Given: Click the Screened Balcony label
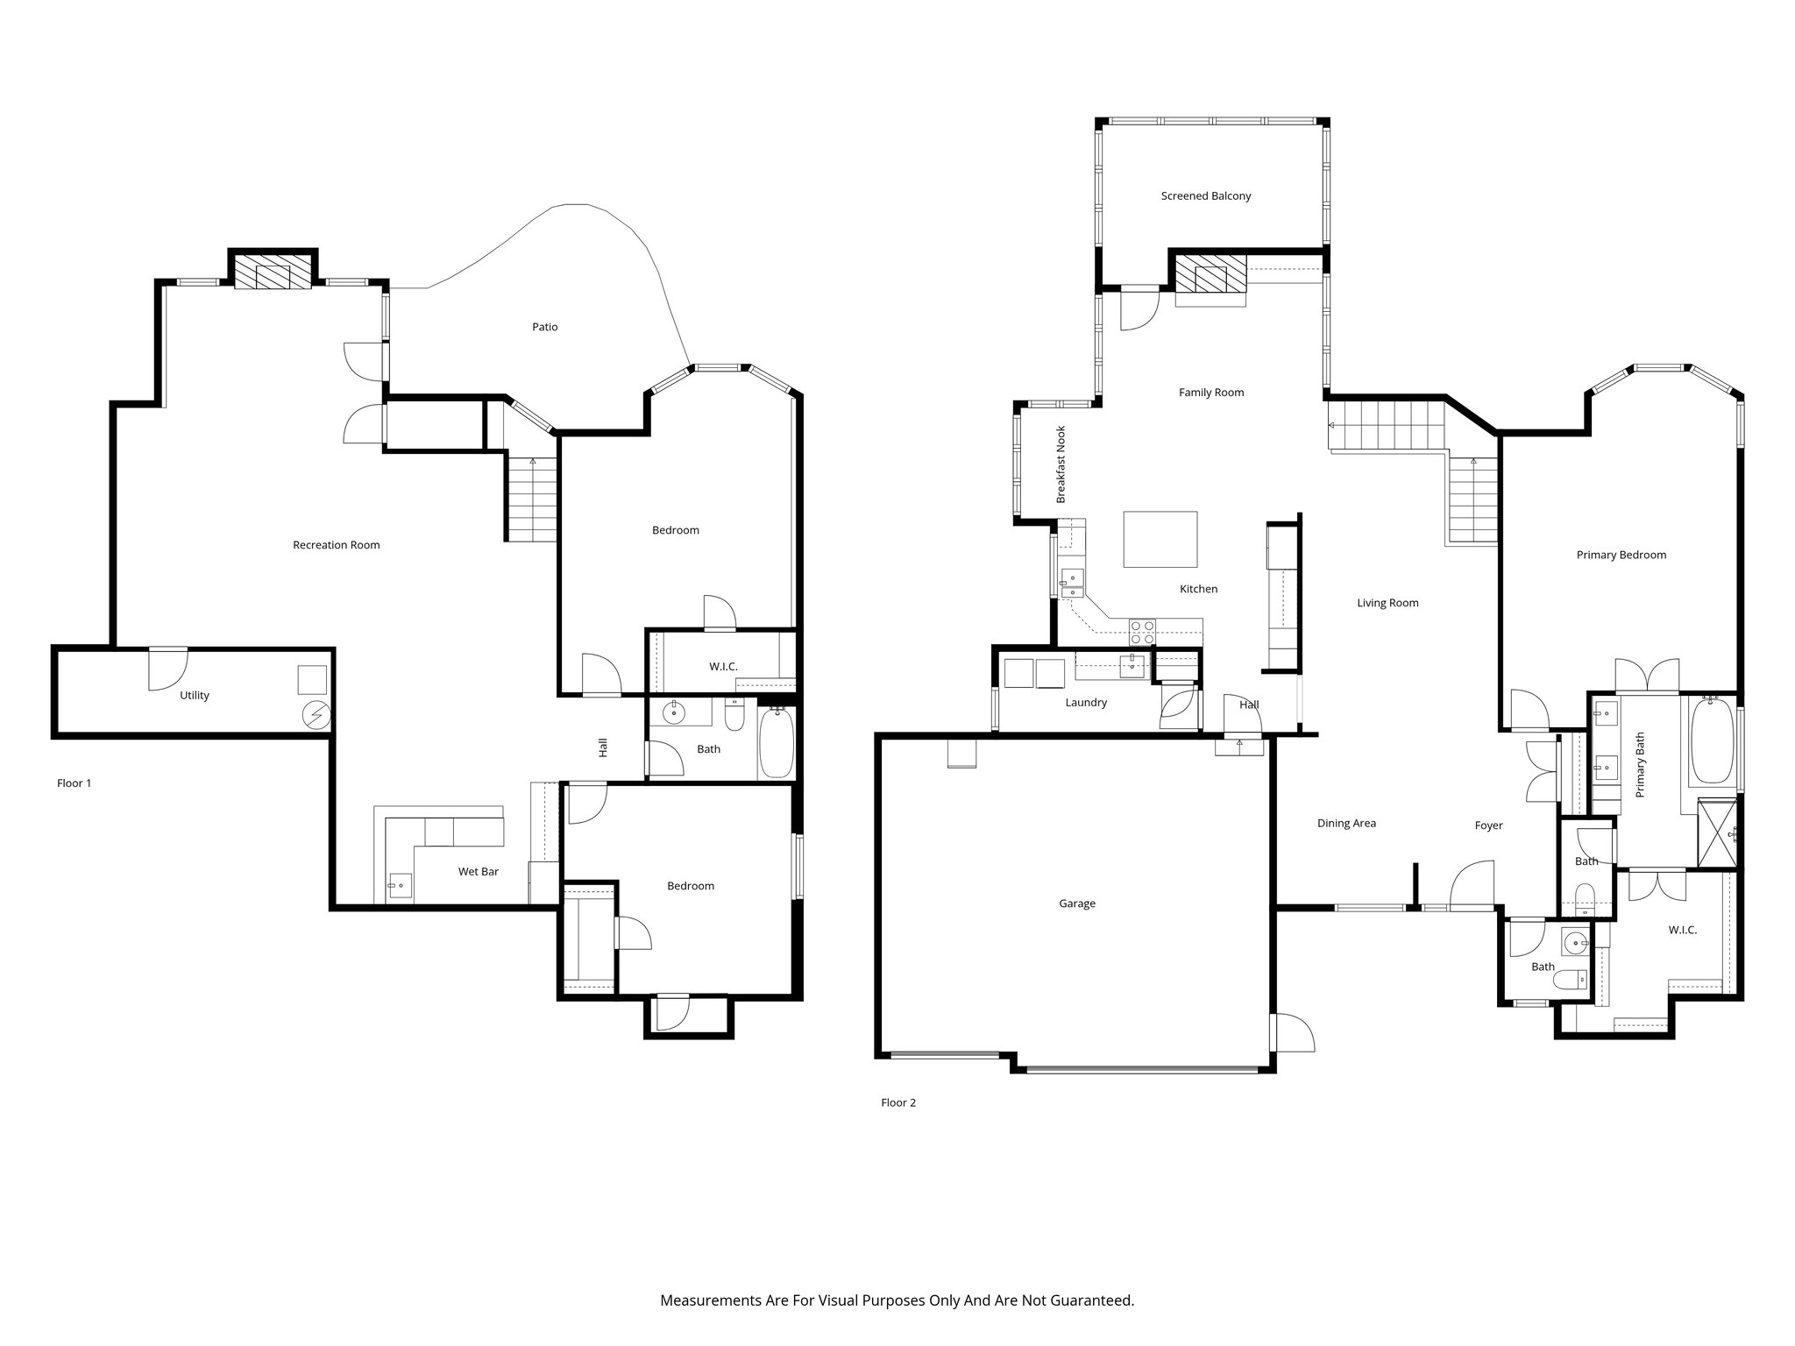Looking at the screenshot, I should click(x=1205, y=196).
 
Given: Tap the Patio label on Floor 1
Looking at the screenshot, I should click(x=544, y=327).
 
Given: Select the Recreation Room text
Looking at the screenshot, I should click(x=336, y=545).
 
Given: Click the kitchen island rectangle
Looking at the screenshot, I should click(x=1160, y=540).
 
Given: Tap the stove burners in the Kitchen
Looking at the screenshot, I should click(x=1142, y=632).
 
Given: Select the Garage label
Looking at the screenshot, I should click(x=1076, y=903).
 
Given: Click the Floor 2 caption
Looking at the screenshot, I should click(x=897, y=1102).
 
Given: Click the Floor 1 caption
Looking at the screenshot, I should click(x=74, y=783).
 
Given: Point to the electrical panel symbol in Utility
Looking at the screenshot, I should click(x=315, y=716).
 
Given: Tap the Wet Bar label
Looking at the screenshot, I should click(x=478, y=872).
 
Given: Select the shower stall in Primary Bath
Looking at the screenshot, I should click(x=1717, y=832).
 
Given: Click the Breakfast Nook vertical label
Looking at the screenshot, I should click(x=1061, y=464).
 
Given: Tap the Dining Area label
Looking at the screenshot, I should click(x=1346, y=823).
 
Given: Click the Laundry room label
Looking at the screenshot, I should click(x=1086, y=702).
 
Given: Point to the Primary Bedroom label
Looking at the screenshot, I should click(x=1621, y=555).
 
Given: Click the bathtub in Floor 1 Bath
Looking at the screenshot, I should click(x=776, y=744).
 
